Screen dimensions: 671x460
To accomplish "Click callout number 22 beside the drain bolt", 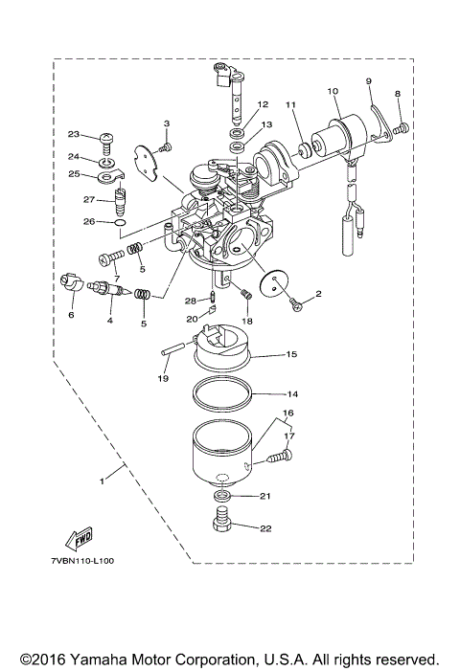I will click(264, 527).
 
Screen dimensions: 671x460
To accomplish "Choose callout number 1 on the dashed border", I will click(102, 481).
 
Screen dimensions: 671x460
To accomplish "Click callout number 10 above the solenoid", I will click(333, 91).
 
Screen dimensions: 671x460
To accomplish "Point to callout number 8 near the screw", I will click(399, 93).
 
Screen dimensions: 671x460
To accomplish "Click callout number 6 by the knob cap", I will click(70, 313).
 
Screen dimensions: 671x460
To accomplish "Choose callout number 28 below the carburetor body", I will click(190, 300).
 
